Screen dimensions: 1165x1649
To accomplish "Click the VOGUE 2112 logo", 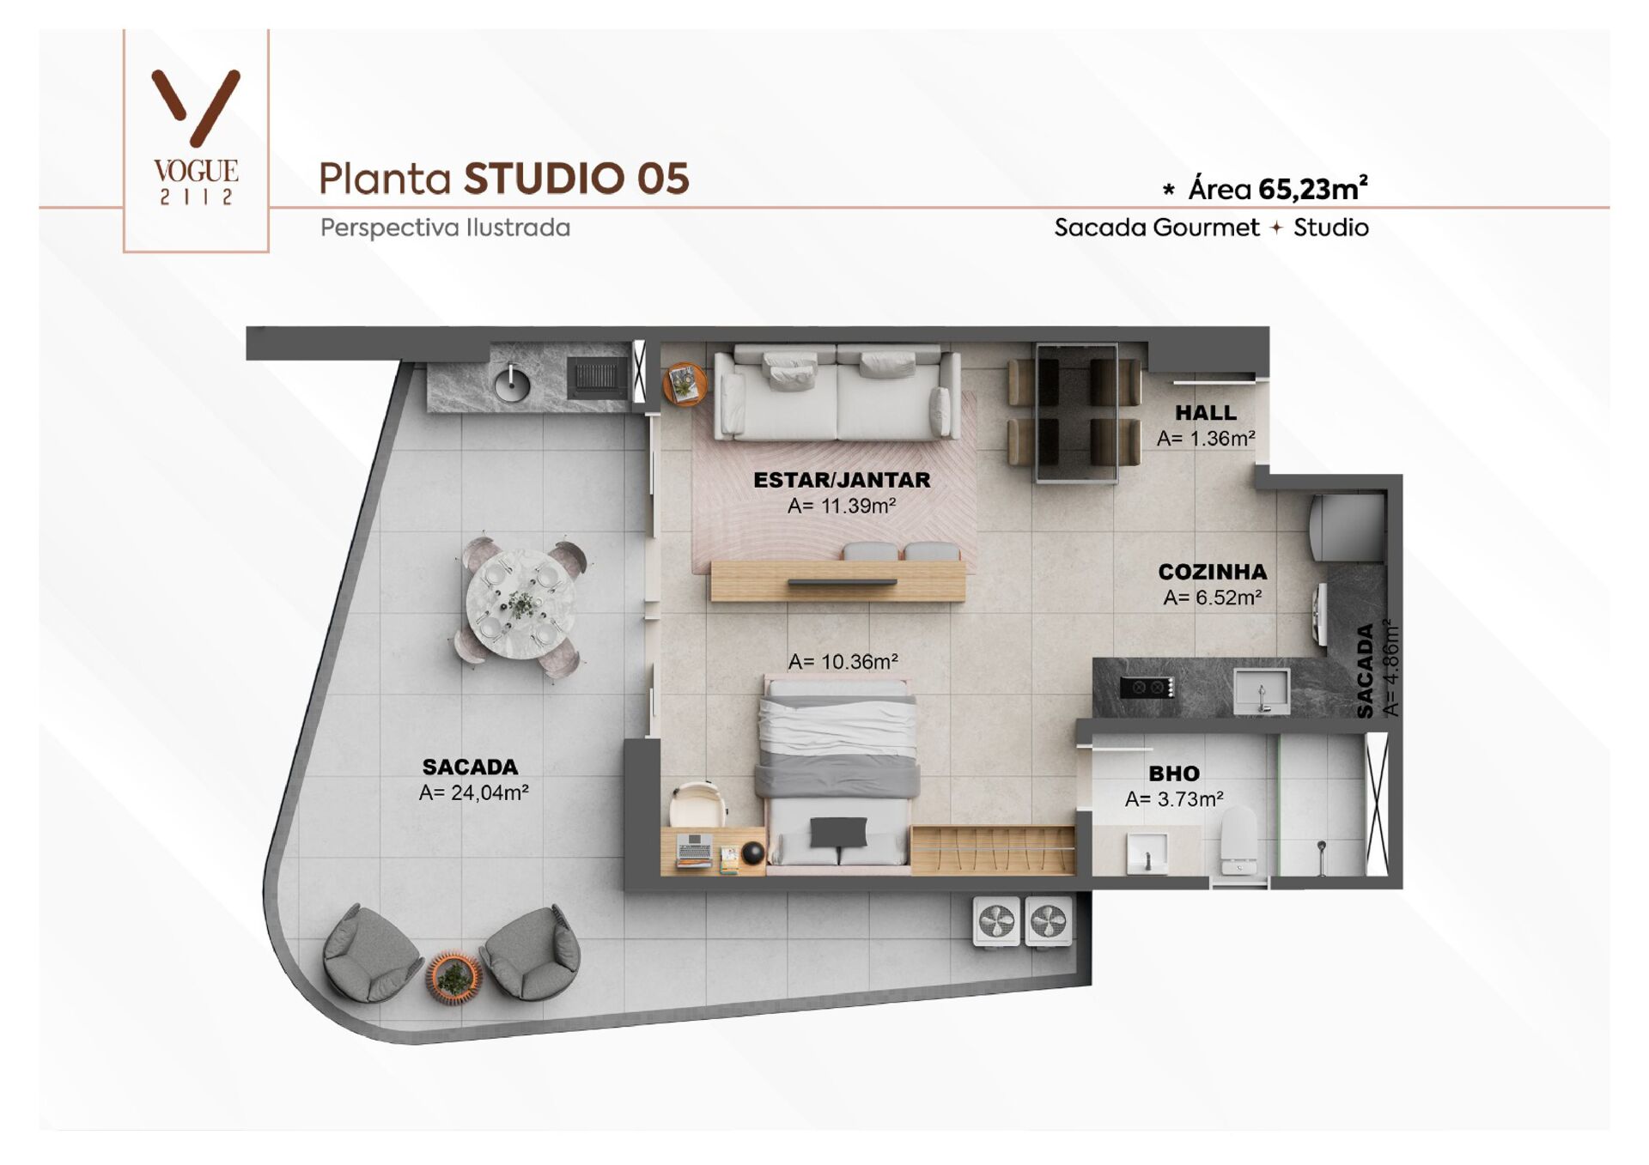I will pos(196,137).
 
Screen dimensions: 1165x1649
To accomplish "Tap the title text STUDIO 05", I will pos(576,179).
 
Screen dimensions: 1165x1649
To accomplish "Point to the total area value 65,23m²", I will pos(1312,189).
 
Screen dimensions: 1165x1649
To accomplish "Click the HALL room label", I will pos(1206,413).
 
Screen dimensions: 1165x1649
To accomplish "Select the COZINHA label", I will pos(1212,572).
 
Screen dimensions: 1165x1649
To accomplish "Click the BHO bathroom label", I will pos(1174,774).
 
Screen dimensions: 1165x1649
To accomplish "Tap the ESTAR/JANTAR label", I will pos(842,480).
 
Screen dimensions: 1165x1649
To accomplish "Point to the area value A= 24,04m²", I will pos(473,793).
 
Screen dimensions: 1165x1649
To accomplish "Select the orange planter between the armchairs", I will pos(453,976).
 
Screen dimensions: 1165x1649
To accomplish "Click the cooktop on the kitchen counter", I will pos(1147,688).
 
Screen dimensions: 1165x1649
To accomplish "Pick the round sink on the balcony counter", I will pos(512,383).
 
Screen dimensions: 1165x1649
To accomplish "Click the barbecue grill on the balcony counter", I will pos(598,379).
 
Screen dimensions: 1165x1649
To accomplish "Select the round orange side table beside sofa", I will pos(685,383).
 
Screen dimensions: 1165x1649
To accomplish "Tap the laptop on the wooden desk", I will pos(694,850).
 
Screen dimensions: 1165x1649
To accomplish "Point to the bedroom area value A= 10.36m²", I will pos(843,662).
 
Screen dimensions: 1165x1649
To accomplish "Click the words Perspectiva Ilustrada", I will pos(445,228).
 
